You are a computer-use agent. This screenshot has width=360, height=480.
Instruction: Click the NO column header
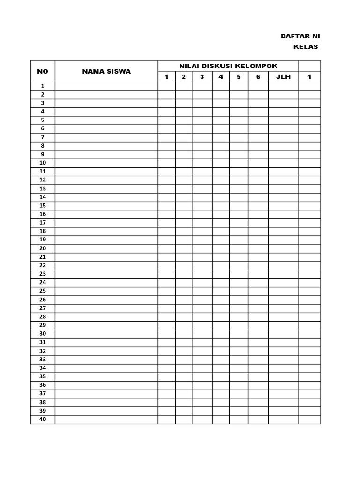[43, 71]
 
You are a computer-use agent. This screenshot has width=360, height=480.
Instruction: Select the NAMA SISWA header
[106, 71]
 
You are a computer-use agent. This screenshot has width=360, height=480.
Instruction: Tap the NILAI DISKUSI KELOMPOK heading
[228, 65]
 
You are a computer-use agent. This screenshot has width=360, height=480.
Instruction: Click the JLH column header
[283, 77]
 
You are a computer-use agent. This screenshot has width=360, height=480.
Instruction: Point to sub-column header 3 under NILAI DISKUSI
[202, 77]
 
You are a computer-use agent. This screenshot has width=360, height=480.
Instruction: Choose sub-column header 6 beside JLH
[258, 77]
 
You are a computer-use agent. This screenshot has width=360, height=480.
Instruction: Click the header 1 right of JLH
[309, 77]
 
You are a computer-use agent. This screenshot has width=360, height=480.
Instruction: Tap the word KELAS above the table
[306, 47]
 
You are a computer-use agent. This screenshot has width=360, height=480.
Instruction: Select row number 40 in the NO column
[43, 419]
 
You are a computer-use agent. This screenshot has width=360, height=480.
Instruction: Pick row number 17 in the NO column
[43, 223]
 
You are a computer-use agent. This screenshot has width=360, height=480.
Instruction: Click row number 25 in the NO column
[43, 291]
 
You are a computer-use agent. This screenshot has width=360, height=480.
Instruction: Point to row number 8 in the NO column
[43, 146]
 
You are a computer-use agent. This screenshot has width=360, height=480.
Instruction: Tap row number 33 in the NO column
[43, 360]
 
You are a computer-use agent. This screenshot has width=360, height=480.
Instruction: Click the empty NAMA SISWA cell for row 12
[106, 180]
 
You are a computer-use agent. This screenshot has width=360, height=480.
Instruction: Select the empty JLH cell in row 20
[283, 248]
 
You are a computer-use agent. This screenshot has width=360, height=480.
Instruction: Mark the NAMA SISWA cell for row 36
[106, 385]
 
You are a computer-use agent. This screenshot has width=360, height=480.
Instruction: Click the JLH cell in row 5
[283, 120]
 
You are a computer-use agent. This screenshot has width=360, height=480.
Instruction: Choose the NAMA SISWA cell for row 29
[106, 325]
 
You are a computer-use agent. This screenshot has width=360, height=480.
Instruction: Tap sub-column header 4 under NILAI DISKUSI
[221, 77]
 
